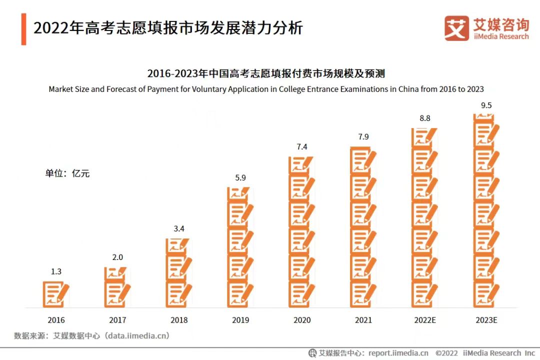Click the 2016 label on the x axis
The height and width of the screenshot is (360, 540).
pos(56,320)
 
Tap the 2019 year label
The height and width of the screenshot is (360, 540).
pos(240,320)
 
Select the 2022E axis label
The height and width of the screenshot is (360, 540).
pos(425,320)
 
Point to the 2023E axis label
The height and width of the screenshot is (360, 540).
pos(486,320)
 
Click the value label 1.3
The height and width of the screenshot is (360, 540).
pos(56,271)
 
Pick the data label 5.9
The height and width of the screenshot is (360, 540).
pos(240,177)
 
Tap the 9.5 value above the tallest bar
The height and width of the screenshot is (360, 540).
pos(486,105)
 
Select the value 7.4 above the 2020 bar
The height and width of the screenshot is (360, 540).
pos(302,146)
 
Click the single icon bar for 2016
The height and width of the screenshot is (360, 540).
pos(56,294)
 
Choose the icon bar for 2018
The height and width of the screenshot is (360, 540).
pos(179,272)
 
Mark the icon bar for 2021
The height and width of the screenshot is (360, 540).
pos(363,227)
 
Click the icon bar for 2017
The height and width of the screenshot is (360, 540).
pos(117,287)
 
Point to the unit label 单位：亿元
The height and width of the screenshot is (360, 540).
pos(67,173)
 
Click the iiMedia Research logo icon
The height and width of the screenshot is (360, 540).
pos(456,28)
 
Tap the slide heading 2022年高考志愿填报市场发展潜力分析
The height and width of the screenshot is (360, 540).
pos(168,28)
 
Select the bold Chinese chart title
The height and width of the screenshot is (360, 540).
pos(266,74)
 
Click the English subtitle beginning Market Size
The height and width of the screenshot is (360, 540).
pos(266,89)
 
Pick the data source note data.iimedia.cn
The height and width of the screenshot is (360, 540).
pos(92,335)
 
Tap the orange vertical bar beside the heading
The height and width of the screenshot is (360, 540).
pos(23,29)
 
